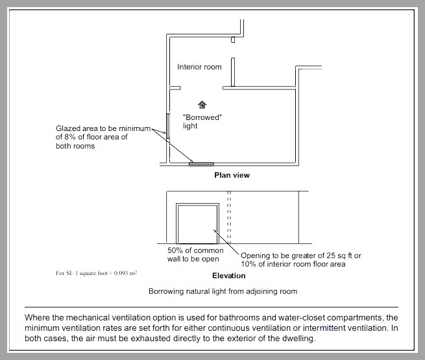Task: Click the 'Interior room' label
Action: click(199, 67)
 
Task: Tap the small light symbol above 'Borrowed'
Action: click(202, 104)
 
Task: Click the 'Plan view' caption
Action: click(232, 175)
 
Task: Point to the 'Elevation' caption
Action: click(228, 276)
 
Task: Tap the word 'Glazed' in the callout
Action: click(67, 128)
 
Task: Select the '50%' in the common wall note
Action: click(176, 250)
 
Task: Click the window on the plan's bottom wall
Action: click(201, 164)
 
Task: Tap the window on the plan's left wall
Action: click(167, 126)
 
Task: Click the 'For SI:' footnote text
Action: click(65, 274)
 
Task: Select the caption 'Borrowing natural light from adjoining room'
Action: click(223, 291)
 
